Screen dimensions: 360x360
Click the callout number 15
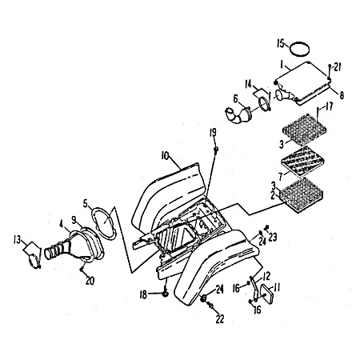click(x=281, y=43)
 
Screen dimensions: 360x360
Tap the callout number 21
click(x=338, y=67)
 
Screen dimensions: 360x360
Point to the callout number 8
click(x=342, y=95)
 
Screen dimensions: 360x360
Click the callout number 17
click(x=330, y=106)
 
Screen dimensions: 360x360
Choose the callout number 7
click(x=280, y=176)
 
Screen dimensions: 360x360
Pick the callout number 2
click(x=273, y=196)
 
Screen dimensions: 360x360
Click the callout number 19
click(x=213, y=133)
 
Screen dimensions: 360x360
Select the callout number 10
click(x=165, y=156)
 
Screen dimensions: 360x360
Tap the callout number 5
click(x=86, y=203)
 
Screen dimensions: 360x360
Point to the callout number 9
click(x=74, y=220)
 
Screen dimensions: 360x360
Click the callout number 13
click(x=17, y=240)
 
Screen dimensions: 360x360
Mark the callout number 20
click(x=90, y=281)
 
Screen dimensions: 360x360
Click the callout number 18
click(x=143, y=294)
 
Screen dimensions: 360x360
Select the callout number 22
click(x=220, y=319)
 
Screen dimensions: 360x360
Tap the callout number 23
click(x=273, y=237)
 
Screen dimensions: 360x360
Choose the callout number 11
click(x=277, y=287)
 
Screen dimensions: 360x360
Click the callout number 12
click(x=266, y=276)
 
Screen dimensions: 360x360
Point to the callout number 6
click(x=236, y=98)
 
